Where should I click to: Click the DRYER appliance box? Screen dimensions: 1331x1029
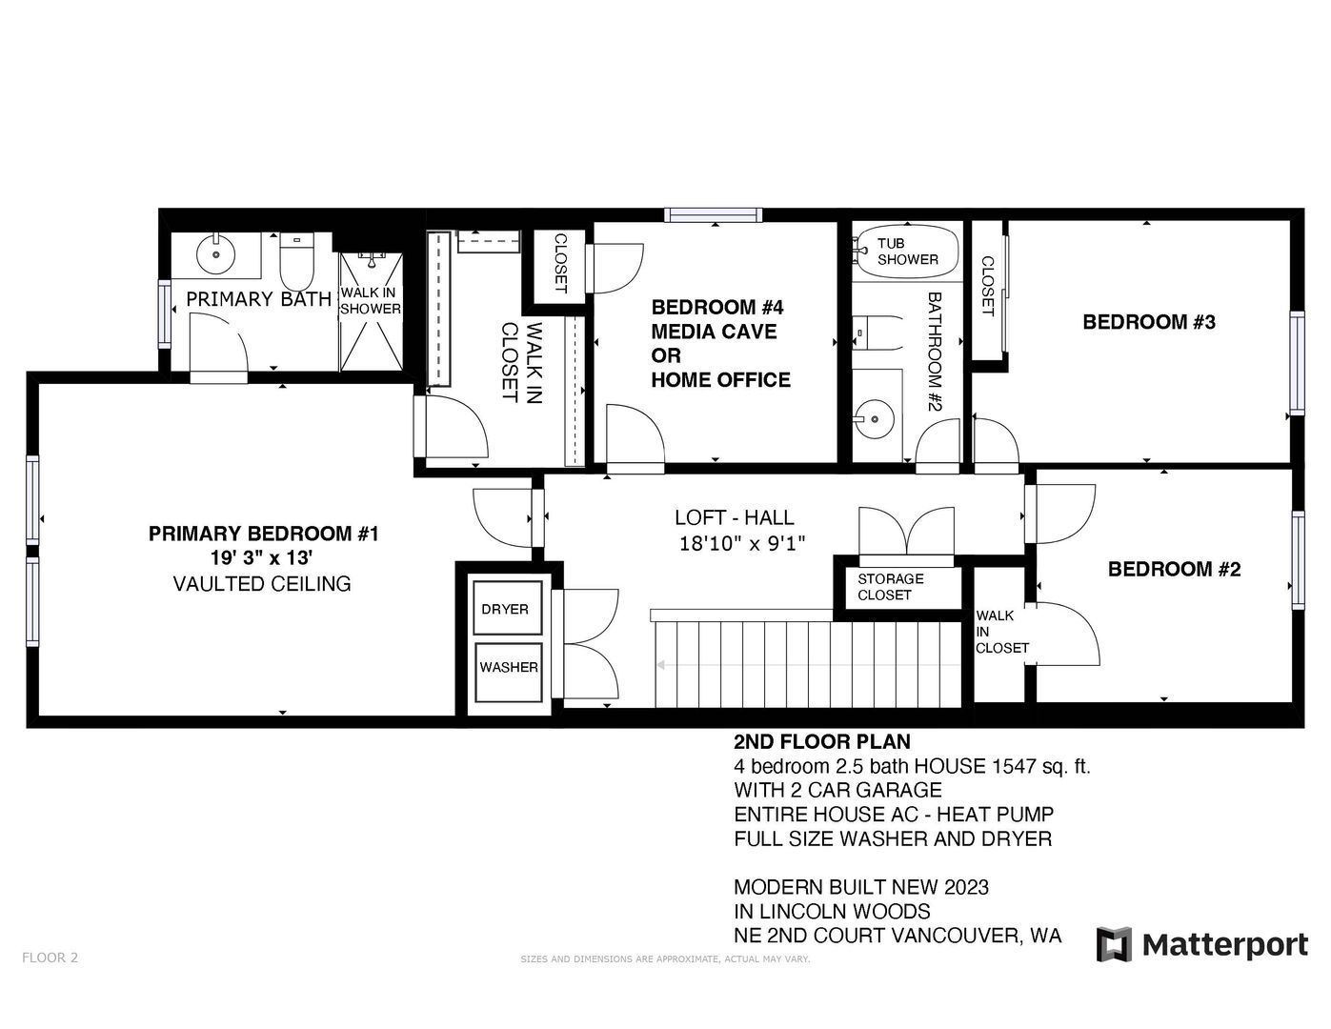(x=507, y=608)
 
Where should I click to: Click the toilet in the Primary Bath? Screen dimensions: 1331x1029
(x=296, y=261)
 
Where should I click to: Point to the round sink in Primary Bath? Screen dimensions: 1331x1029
(x=216, y=254)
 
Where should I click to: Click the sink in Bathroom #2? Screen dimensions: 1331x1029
(x=874, y=419)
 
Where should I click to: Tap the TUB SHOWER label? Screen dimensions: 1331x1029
(x=907, y=252)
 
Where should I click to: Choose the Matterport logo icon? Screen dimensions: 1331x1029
(x=1114, y=944)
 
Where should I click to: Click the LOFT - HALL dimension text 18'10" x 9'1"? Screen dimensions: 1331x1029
(x=742, y=543)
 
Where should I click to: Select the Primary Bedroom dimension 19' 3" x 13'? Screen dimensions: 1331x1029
(x=262, y=558)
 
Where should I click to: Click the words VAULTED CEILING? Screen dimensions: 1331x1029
(x=262, y=584)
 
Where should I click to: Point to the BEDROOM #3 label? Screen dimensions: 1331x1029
(x=1148, y=322)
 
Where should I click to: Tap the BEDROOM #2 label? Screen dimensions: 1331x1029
(x=1174, y=569)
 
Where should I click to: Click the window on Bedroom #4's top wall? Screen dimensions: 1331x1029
(x=715, y=215)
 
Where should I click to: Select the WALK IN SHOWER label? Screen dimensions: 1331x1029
(x=371, y=301)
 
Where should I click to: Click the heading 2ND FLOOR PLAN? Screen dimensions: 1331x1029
(x=822, y=741)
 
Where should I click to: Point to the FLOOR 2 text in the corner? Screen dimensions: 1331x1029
(x=50, y=958)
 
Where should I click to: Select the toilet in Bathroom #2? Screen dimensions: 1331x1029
(x=878, y=333)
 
